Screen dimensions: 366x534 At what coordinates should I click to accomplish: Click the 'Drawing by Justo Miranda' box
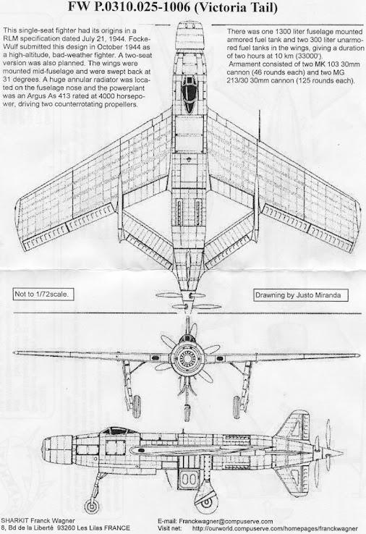301,295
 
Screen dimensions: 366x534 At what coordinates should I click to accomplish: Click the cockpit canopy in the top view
189,93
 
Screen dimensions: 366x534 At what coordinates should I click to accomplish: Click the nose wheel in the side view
92,506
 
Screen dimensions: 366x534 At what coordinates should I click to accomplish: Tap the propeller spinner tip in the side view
343,453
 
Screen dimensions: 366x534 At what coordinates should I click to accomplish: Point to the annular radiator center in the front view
187,357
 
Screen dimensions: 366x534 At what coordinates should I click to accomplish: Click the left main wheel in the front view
136,407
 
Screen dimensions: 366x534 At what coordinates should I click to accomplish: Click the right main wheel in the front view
237,407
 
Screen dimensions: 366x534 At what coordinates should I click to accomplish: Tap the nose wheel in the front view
187,412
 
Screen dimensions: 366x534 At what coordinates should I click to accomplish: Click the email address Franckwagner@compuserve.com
226,522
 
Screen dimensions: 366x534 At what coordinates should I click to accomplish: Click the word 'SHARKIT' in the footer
14,521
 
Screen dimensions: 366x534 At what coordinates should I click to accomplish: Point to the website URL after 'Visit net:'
274,528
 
